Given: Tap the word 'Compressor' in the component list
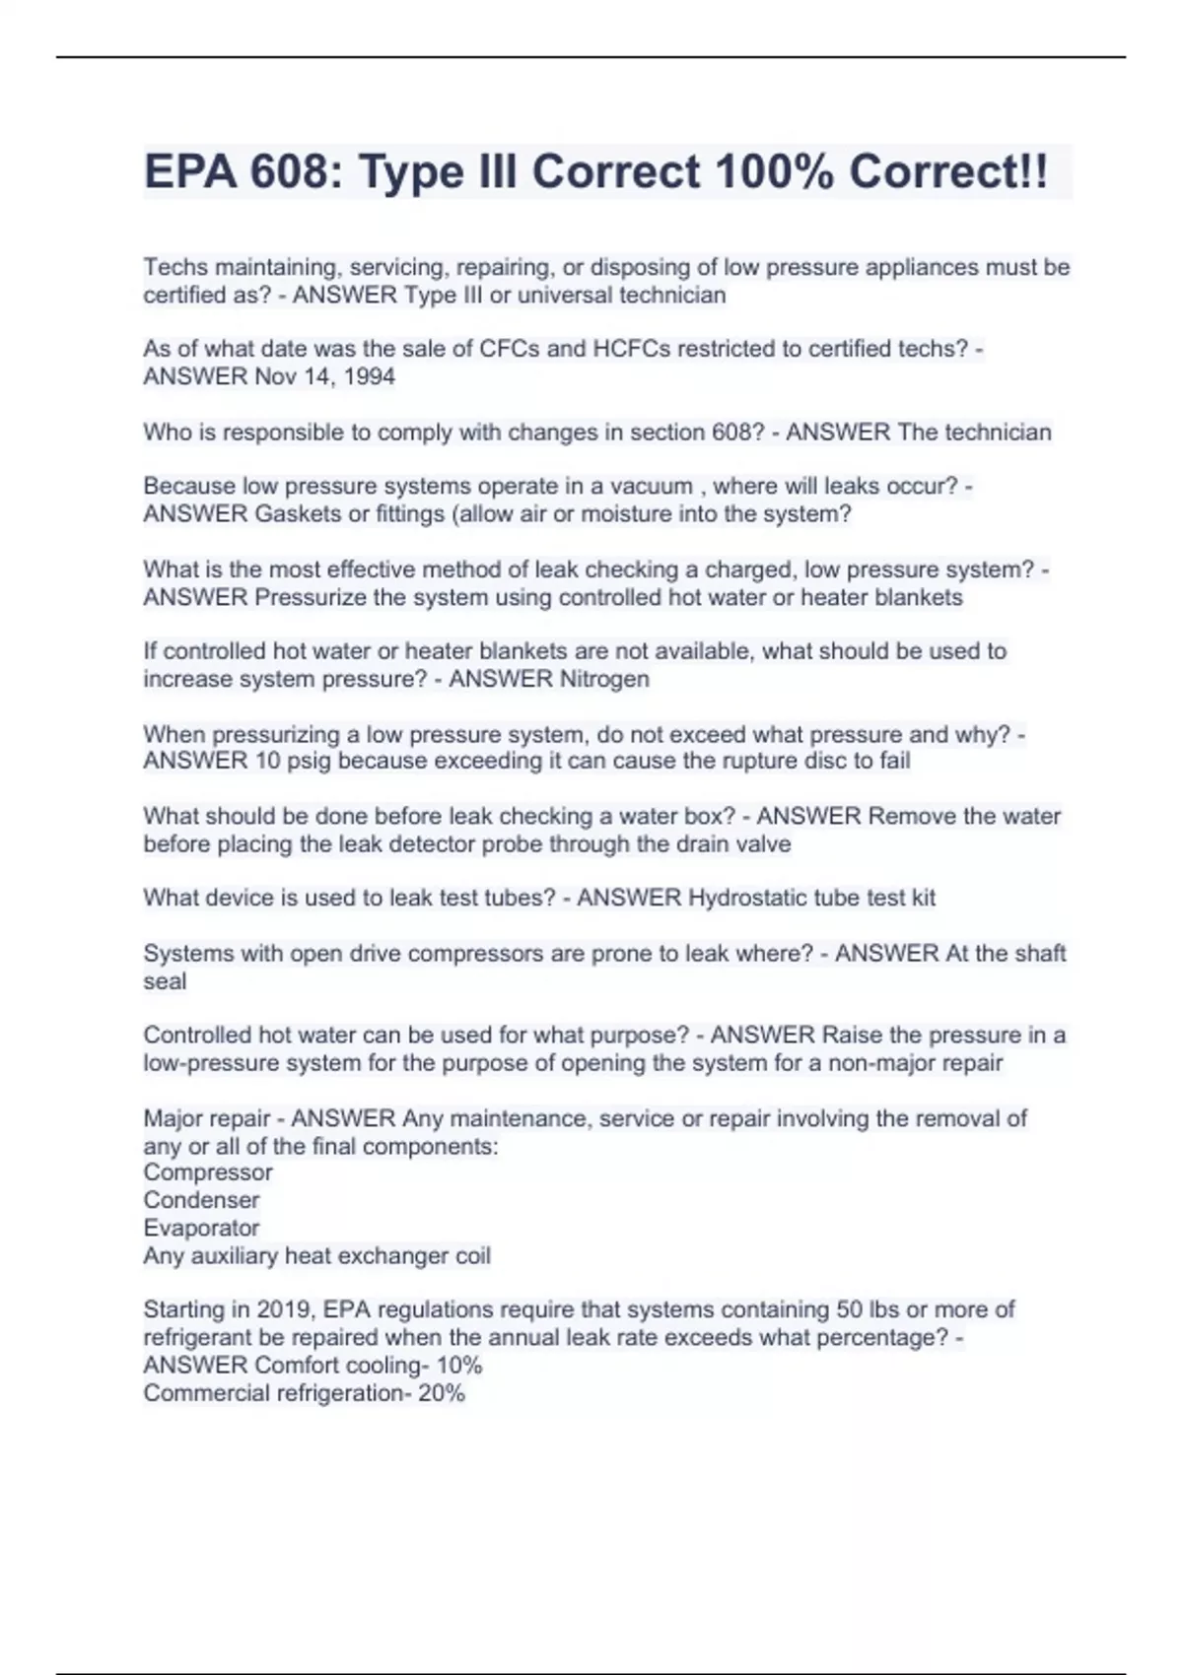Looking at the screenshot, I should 208,1172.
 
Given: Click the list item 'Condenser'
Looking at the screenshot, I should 201,1200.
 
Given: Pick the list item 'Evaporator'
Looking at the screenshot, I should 201,1228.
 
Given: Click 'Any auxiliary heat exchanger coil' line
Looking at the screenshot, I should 316,1255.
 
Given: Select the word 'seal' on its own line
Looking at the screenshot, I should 165,981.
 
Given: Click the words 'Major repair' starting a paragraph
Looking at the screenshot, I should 206,1118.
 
